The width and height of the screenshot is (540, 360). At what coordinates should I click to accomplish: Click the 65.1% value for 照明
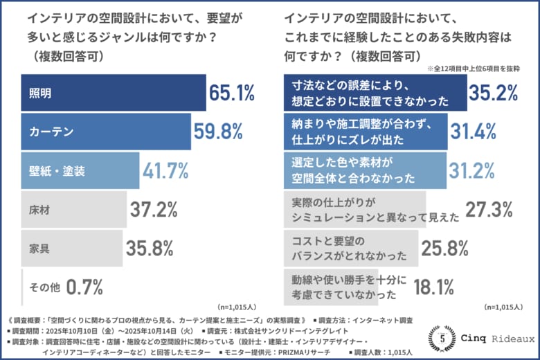pos(233,92)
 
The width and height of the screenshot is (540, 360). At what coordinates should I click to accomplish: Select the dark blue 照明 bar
pos(115,93)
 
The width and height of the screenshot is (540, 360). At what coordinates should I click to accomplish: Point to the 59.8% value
pos(217,132)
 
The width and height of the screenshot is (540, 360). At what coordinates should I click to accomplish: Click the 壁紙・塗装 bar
pos(80,170)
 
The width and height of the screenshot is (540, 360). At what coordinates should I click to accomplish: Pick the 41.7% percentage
pos(167,170)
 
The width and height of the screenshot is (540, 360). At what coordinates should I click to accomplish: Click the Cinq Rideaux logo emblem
pos(441,339)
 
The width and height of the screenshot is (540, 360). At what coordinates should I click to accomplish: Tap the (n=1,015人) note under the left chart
pos(238,306)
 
